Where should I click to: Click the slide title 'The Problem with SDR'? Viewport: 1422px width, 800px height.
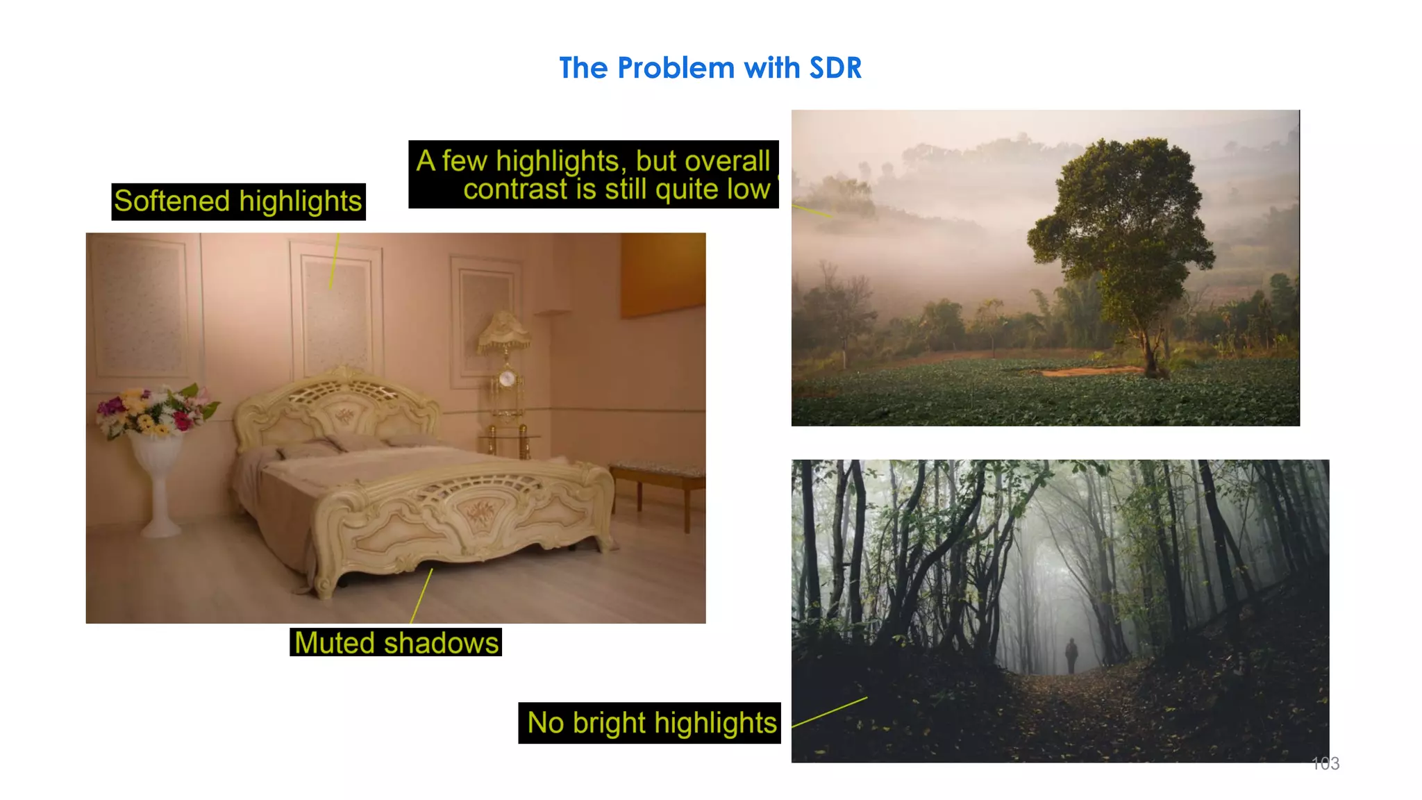coord(710,68)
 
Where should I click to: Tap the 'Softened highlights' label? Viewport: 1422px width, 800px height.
coord(238,201)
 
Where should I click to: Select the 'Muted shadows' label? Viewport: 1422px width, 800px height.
coord(396,642)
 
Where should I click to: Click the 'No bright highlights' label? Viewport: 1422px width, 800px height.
coord(651,723)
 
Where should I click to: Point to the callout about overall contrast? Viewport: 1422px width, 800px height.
coord(594,174)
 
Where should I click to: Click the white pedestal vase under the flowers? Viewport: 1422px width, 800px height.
coord(159,486)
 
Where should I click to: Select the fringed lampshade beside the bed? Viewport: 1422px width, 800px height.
coord(505,331)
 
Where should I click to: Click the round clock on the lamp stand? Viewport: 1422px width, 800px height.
coord(508,378)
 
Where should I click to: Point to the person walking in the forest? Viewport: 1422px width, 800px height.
coord(1071,655)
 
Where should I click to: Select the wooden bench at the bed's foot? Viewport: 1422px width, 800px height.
coord(656,479)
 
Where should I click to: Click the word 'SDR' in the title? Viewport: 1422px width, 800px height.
coord(835,68)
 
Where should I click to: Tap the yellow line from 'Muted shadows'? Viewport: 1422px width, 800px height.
coord(421,597)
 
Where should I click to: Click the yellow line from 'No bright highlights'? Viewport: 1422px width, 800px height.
coord(829,712)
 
